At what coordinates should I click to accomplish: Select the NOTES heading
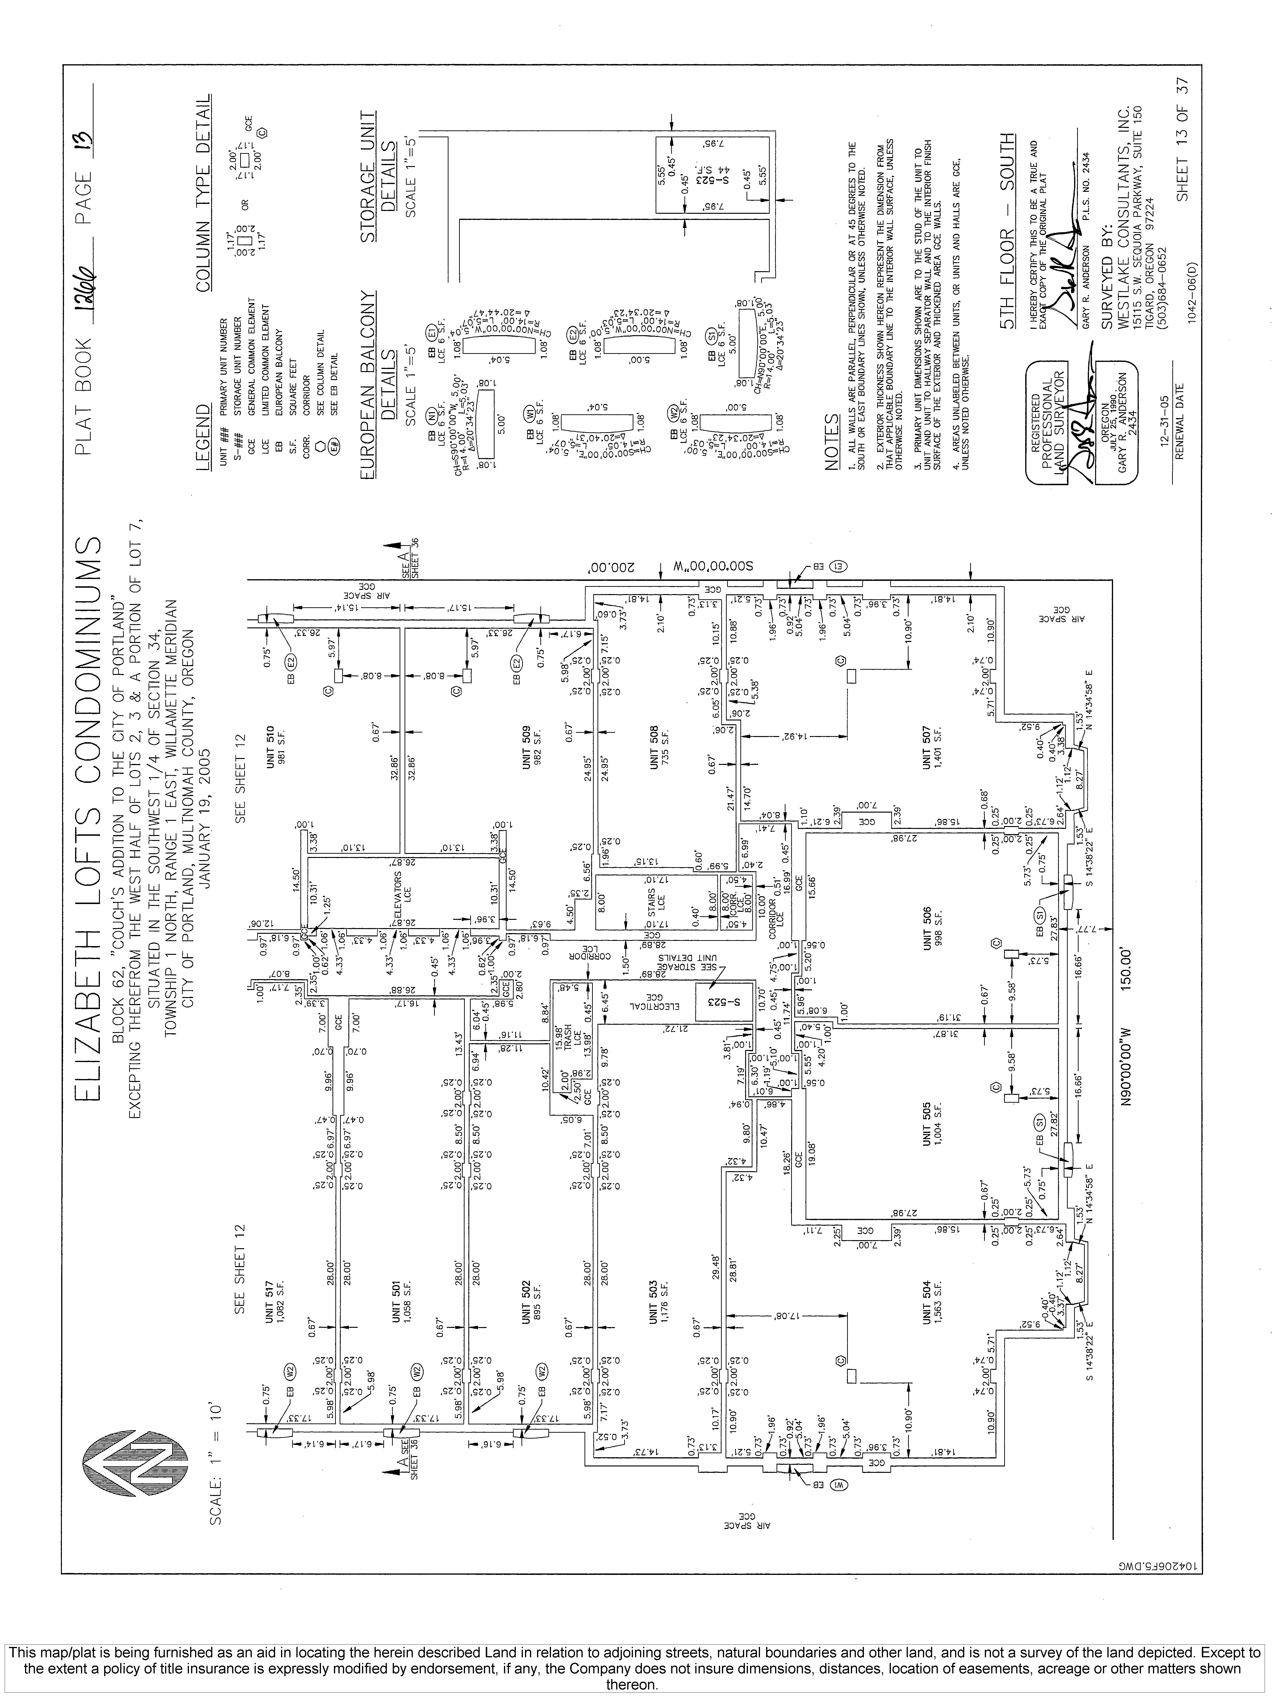[x=831, y=442]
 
